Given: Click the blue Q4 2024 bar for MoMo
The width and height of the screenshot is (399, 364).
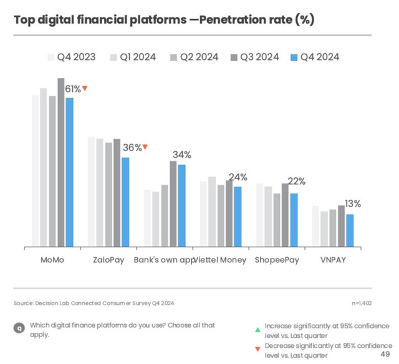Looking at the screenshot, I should click(x=69, y=172).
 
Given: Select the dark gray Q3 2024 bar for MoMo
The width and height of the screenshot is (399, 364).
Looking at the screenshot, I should click(x=61, y=162).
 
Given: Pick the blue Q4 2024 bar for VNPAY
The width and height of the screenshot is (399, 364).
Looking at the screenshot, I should click(x=350, y=230).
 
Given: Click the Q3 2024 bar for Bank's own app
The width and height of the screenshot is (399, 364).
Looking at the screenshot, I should click(x=173, y=204).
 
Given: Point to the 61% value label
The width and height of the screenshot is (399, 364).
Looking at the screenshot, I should click(x=73, y=89).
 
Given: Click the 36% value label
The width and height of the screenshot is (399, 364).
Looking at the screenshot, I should click(x=132, y=148).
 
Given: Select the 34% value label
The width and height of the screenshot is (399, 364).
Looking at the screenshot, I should click(x=182, y=154).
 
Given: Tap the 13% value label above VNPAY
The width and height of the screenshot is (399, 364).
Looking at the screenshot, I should click(x=353, y=204).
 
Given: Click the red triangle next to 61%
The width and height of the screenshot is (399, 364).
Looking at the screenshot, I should click(x=85, y=89).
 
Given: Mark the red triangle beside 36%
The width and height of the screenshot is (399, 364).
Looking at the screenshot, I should click(x=145, y=147).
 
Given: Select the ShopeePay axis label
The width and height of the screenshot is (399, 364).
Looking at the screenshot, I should click(x=276, y=260).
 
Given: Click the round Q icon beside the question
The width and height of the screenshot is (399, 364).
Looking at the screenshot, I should click(x=19, y=327).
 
